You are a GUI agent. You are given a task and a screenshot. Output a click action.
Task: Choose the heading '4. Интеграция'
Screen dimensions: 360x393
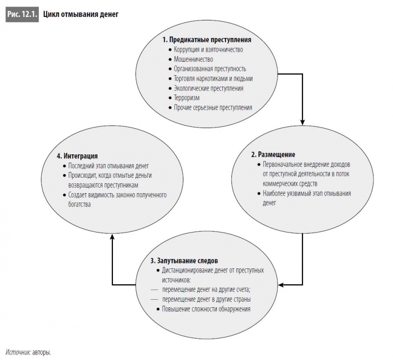pyautogui.click(x=77, y=156)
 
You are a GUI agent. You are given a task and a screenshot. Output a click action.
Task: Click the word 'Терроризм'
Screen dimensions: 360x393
pyautogui.click(x=187, y=98)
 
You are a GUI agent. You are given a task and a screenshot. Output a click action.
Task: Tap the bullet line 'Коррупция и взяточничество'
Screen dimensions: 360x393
pyautogui.click(x=208, y=49)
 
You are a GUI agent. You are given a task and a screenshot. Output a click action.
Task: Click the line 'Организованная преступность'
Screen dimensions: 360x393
pyautogui.click(x=210, y=69)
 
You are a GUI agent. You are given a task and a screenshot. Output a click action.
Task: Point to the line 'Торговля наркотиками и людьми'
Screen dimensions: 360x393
pyautogui.click(x=213, y=79)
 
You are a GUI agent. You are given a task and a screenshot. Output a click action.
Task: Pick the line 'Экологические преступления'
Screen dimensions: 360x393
pyautogui.click(x=208, y=88)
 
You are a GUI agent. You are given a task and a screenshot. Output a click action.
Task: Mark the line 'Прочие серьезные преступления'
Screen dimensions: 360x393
pyautogui.click(x=213, y=108)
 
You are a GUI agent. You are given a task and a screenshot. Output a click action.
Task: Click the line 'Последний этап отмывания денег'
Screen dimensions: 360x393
pyautogui.click(x=108, y=166)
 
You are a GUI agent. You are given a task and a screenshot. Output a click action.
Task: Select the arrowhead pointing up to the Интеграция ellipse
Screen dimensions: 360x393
pyautogui.click(x=112, y=239)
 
